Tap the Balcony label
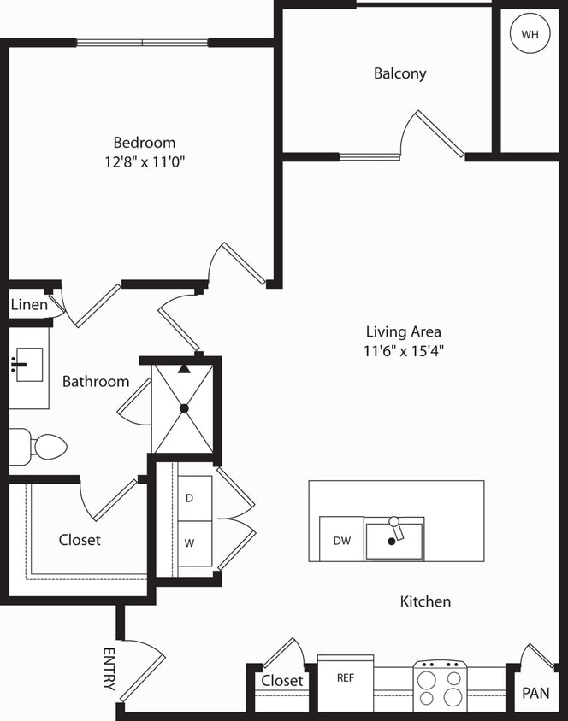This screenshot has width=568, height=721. [x=399, y=73]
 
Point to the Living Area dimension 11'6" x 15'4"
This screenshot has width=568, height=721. [x=404, y=350]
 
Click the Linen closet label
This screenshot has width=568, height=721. [x=29, y=305]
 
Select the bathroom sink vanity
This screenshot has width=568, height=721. [x=28, y=366]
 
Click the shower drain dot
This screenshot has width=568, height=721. [x=184, y=408]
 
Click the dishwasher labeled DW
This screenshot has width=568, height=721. [x=341, y=540]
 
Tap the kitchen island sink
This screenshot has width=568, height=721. [x=393, y=540]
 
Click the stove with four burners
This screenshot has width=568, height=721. [x=440, y=687]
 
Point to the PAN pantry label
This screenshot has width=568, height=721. [x=535, y=693]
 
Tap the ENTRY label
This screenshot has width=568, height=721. [x=109, y=669]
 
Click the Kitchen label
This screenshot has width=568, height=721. [x=425, y=601]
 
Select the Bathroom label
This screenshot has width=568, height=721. [x=96, y=382]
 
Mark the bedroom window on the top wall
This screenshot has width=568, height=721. [x=142, y=42]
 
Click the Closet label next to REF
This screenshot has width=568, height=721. [x=282, y=681]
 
